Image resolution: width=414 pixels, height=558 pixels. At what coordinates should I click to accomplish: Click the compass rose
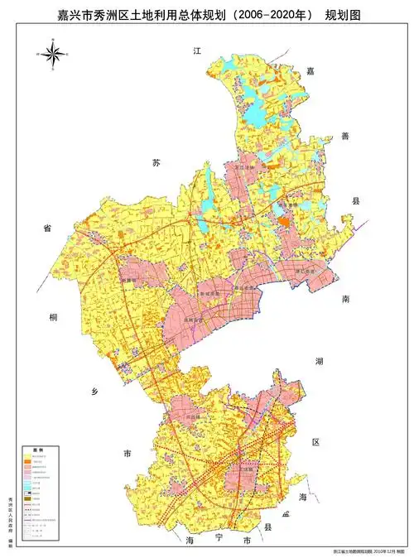pos(51,55)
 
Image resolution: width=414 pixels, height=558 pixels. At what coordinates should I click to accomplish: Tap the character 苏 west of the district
pos(155,160)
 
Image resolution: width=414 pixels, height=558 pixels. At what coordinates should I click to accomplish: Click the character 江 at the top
pos(197,51)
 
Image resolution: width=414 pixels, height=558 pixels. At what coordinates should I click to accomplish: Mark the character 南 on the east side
pos(347,301)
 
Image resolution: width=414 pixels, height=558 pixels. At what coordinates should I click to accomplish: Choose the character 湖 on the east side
pos(319,361)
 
